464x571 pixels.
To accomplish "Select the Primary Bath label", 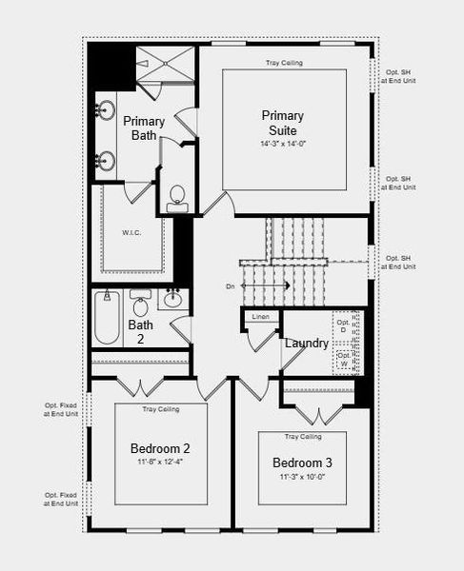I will click(144, 128).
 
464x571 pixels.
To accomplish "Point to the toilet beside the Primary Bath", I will click(177, 197).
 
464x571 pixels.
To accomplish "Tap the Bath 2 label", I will click(140, 332).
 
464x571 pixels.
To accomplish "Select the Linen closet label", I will click(260, 316).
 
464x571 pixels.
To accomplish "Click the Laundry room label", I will click(307, 343).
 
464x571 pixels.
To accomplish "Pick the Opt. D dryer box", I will click(345, 324).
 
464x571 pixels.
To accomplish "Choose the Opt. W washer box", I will click(345, 359).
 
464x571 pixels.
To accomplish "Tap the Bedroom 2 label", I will click(160, 448).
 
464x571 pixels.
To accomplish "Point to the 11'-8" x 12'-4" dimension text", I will click(160, 463).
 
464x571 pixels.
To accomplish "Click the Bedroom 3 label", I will click(302, 463).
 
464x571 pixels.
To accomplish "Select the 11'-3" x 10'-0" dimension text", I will click(302, 477).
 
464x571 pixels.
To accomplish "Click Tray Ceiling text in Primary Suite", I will click(285, 64).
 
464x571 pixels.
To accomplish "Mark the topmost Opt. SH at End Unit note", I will click(397, 76).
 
